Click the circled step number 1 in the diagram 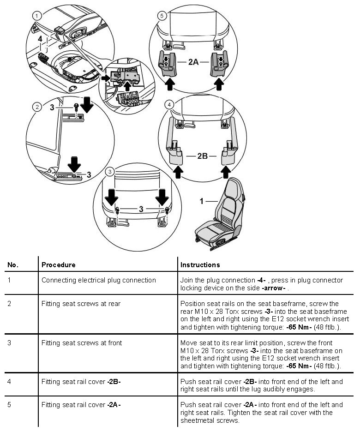[35, 15]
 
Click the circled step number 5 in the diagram [161, 15]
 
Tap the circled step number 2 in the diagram [36, 107]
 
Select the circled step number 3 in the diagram [109, 172]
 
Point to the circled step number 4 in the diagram [170, 105]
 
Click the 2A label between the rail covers [194, 61]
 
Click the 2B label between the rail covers [202, 156]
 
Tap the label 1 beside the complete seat [201, 201]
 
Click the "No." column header [12, 265]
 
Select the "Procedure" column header [58, 265]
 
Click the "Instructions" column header [200, 265]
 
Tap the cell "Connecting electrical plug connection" [98, 280]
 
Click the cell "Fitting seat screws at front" [81, 343]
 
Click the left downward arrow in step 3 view [111, 198]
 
